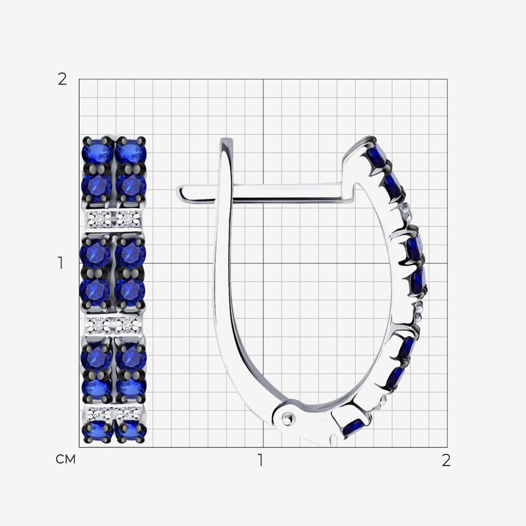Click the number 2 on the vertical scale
tap(63, 79)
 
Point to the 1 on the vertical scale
tap(60, 263)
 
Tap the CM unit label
tap(66, 459)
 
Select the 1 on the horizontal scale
tap(260, 460)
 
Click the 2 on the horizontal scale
tap(446, 460)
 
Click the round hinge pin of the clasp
tap(288, 418)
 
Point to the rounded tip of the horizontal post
tap(180, 193)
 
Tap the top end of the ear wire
tap(226, 140)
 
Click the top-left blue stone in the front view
tap(97, 150)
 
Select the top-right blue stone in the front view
tap(131, 150)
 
